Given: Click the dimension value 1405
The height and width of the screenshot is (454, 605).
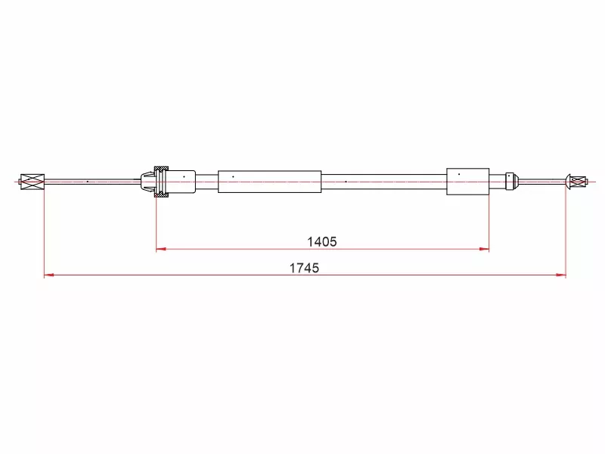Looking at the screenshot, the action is click(x=322, y=242).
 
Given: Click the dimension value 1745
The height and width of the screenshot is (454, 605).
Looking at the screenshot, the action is click(x=305, y=268).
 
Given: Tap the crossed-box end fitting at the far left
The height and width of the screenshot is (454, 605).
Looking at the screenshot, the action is click(x=33, y=182).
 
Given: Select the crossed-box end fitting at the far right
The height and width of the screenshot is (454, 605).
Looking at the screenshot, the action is click(x=578, y=181).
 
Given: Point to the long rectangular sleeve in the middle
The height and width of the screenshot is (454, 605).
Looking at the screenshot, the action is click(x=270, y=182).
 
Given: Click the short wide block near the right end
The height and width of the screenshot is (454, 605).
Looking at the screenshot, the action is click(x=467, y=182).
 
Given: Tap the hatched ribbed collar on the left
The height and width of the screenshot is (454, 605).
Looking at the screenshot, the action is click(x=161, y=182).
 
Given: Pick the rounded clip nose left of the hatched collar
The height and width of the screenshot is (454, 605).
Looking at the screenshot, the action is click(x=147, y=182).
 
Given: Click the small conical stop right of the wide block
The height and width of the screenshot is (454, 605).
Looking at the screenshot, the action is click(x=511, y=181).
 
